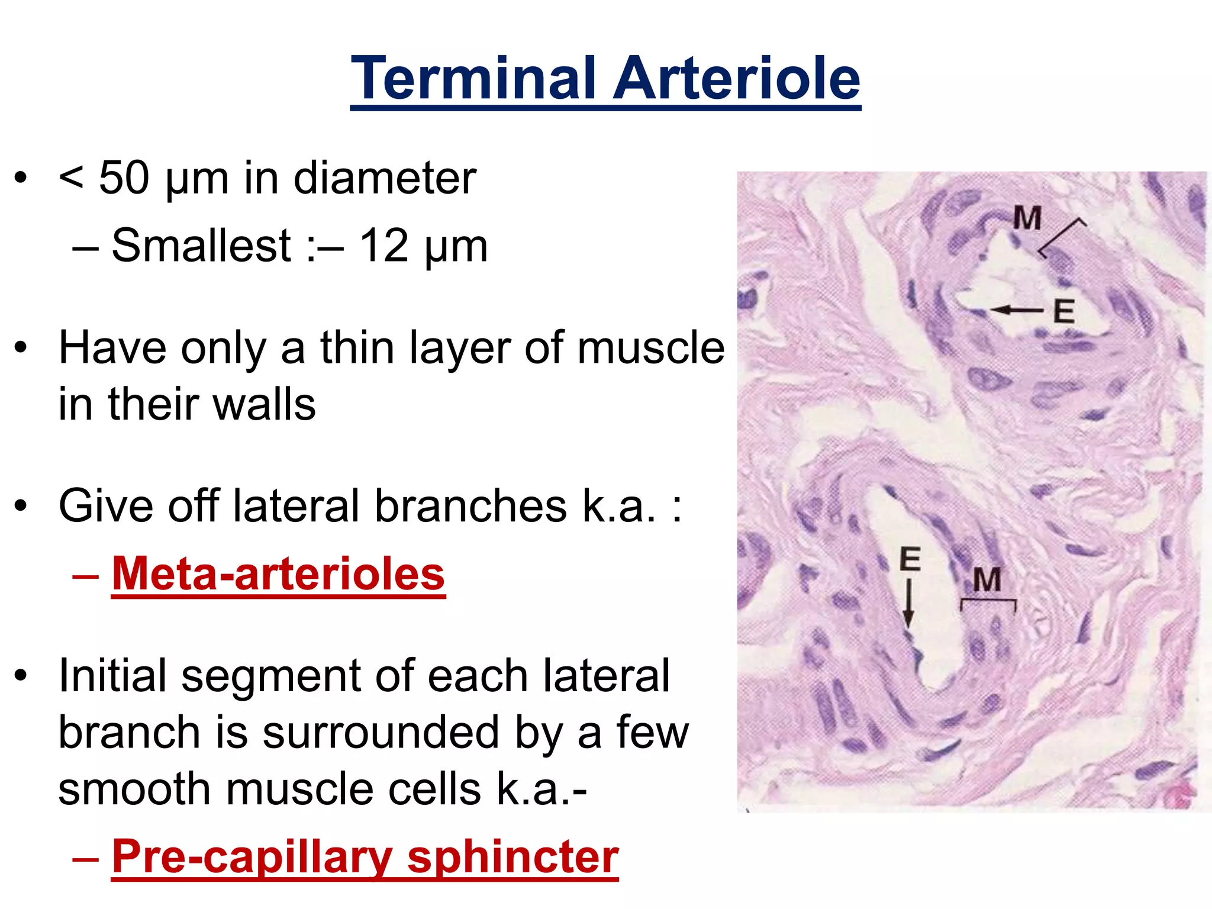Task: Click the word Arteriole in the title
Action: tap(736, 78)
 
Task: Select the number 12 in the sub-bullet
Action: tap(383, 246)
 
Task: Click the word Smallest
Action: tap(201, 246)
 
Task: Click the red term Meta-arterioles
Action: tap(278, 573)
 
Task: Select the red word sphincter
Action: tap(512, 856)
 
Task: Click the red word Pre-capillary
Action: tap(252, 856)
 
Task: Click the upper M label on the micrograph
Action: tap(1027, 218)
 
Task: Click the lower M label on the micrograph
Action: tap(987, 579)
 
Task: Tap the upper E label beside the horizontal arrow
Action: tap(1063, 311)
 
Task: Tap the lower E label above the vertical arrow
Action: tap(910, 559)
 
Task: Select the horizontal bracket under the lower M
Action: tap(988, 601)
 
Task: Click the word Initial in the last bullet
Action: tap(112, 675)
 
